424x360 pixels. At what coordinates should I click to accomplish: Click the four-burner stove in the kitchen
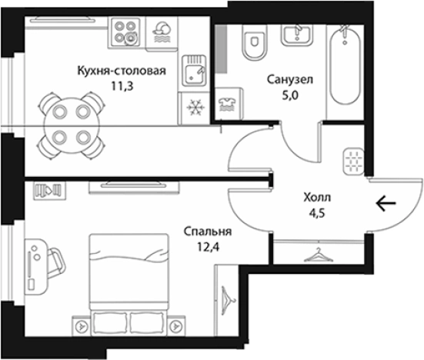[x=125, y=33]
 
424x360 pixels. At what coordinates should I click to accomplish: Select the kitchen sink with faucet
[x=194, y=74]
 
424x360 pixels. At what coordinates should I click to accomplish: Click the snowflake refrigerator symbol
[x=194, y=105]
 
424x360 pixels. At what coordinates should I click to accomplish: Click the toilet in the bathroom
[x=251, y=43]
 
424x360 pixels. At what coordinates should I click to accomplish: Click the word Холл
[x=317, y=197]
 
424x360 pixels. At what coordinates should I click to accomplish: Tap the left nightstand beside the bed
[x=80, y=325]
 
